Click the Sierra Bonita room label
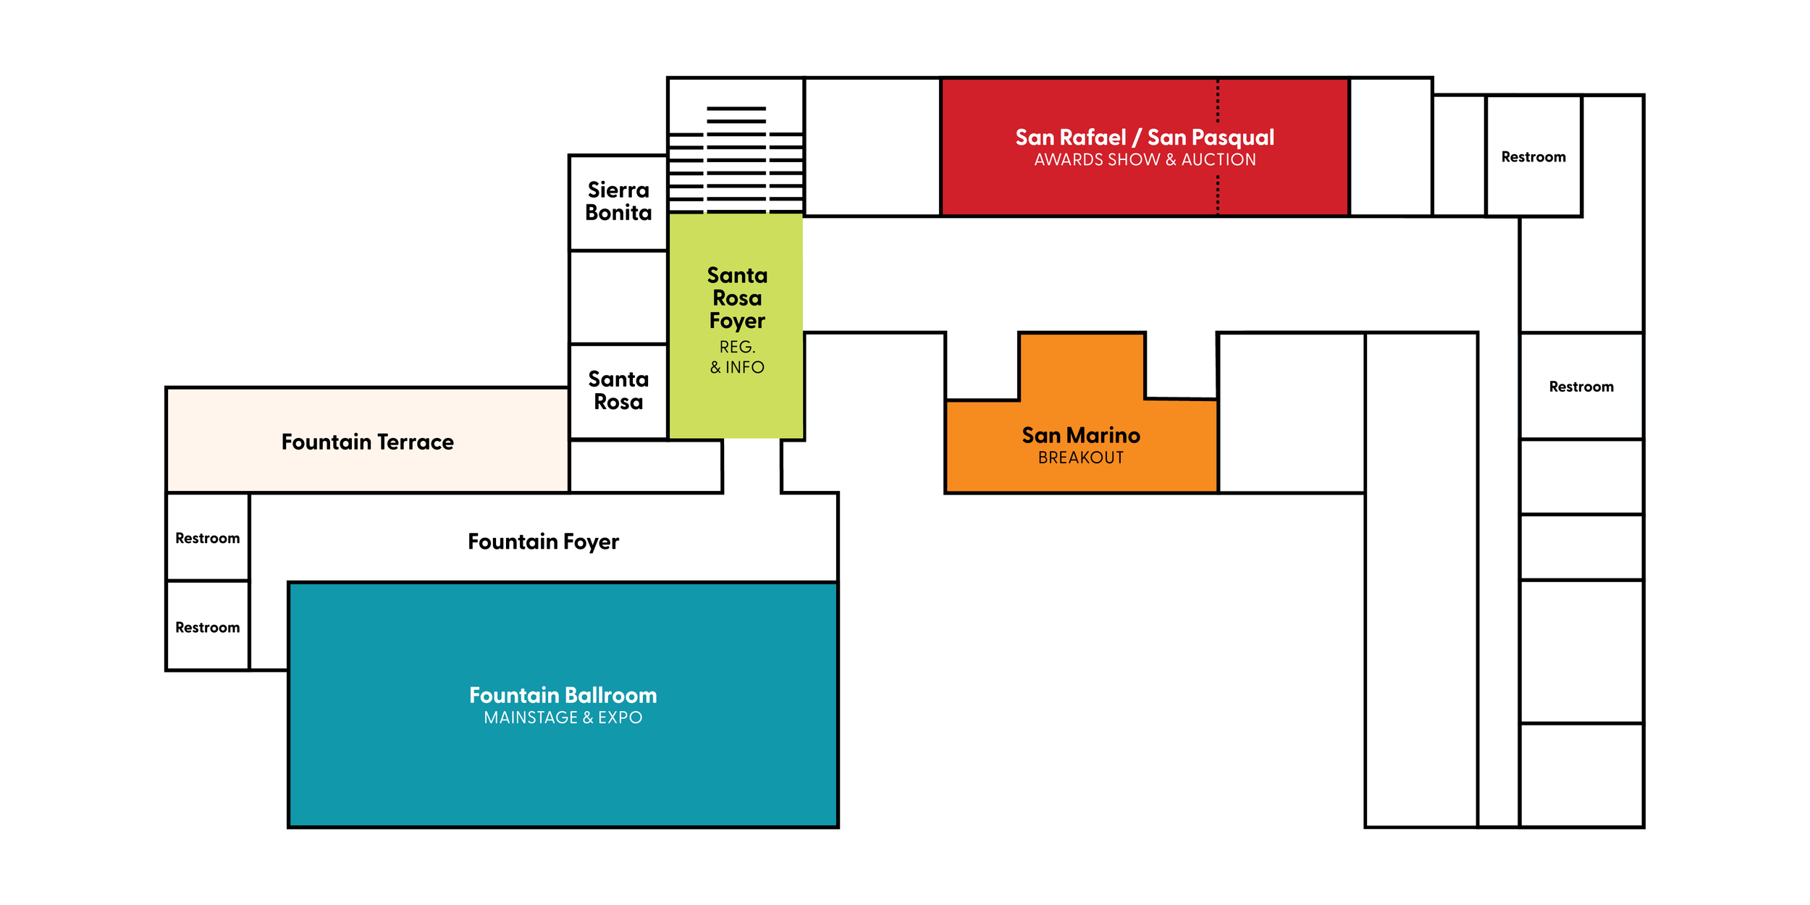point(618,201)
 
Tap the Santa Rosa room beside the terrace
point(618,390)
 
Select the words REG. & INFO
point(737,357)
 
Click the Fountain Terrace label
point(367,442)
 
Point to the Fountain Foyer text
point(543,542)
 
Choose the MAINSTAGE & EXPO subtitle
point(563,717)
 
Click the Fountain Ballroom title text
point(563,695)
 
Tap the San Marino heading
point(1080,435)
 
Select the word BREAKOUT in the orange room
point(1080,458)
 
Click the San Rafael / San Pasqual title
point(1144,137)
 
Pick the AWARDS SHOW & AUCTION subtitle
point(1144,159)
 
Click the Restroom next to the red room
point(1533,157)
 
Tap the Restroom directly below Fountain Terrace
point(207,538)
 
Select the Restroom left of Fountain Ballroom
point(207,627)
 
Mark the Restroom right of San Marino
point(1580,387)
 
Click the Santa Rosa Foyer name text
point(737,298)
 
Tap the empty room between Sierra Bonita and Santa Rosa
point(618,297)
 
